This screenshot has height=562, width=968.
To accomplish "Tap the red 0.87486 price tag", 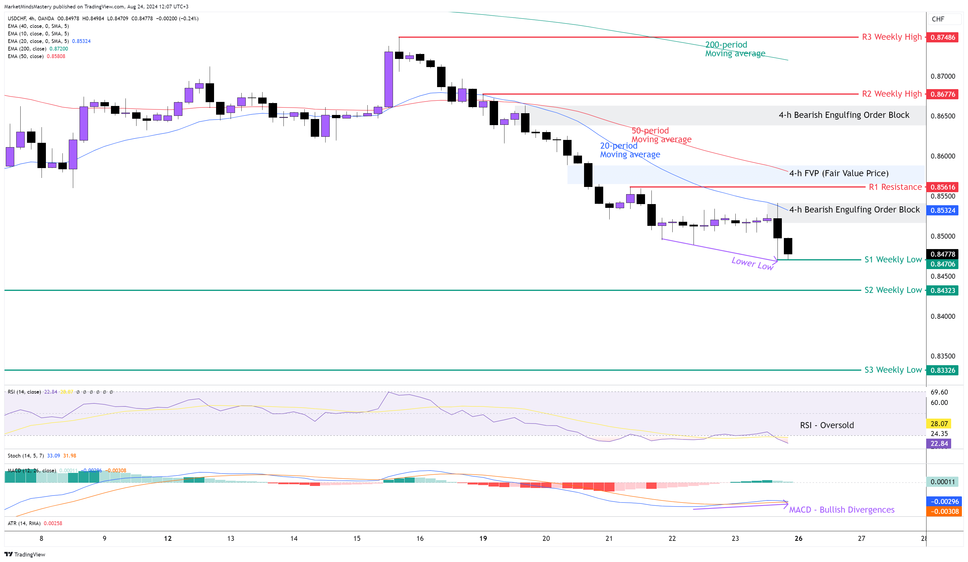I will (942, 37).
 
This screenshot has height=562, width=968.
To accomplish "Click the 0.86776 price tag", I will (942, 94).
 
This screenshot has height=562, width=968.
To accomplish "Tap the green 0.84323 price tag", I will (942, 290).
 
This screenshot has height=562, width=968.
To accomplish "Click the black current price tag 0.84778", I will (942, 254).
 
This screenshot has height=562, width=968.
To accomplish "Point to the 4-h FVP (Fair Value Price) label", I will (838, 173).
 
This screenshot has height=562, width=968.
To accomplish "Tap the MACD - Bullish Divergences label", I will (841, 509).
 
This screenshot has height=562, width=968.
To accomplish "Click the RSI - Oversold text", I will (827, 425).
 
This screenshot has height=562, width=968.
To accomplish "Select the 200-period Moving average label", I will (734, 49).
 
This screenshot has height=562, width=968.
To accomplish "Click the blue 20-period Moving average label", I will (630, 150).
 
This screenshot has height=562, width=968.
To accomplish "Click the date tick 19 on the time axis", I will (483, 538).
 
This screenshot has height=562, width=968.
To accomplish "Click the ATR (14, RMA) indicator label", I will (35, 523).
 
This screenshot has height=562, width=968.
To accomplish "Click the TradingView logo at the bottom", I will (25, 554).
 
